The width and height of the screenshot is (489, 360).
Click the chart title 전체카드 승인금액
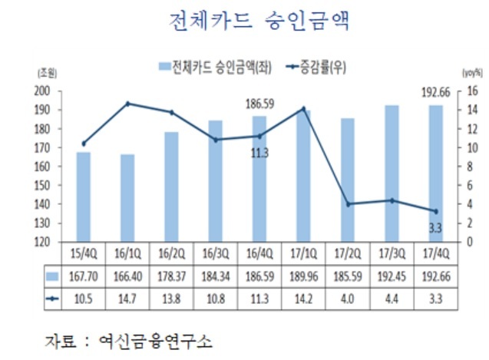point(259,21)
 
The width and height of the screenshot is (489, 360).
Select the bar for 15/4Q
point(84,197)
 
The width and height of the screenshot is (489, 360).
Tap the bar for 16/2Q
point(171,187)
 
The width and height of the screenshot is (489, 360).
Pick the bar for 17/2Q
point(348,180)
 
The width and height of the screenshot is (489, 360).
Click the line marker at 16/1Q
point(127,104)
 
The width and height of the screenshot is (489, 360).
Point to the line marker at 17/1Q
point(303,108)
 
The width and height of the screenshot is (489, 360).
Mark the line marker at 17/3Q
point(392,200)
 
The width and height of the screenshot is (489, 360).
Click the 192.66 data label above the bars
point(436,93)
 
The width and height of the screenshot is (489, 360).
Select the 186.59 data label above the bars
point(259,104)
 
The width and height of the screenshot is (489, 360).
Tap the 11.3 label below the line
point(259,154)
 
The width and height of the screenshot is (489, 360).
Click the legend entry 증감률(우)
point(316,68)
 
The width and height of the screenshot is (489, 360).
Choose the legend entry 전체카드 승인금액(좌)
point(215,68)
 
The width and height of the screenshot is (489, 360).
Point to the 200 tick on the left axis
point(42,91)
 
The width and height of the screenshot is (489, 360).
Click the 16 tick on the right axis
point(472,91)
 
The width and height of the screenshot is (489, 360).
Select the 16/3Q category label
point(216,253)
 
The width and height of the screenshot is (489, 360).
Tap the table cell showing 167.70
point(83,276)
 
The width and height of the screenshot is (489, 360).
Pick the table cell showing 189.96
point(304,276)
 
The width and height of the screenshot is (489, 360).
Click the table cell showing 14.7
point(127,299)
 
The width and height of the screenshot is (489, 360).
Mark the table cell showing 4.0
point(347,299)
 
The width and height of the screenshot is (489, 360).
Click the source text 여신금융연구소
point(155,341)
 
